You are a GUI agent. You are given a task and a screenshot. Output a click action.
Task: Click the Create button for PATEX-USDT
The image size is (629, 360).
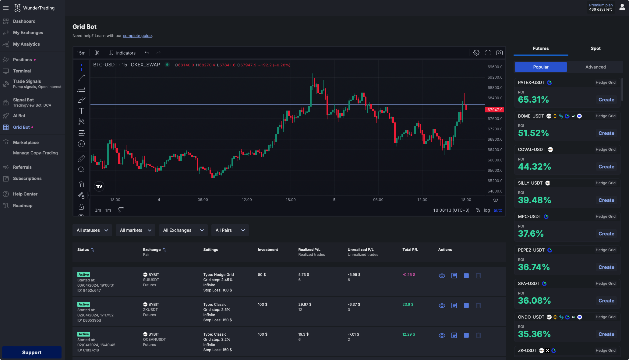[x=606, y=100]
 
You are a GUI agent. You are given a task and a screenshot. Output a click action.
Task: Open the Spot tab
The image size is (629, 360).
[x=595, y=48]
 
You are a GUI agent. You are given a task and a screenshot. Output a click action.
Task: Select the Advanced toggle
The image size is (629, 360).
[x=595, y=67]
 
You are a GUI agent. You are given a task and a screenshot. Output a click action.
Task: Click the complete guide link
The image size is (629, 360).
[x=137, y=36]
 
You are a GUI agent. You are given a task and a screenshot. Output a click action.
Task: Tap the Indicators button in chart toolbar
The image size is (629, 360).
[x=122, y=53]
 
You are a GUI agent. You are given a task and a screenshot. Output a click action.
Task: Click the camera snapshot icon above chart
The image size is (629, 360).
[x=499, y=53]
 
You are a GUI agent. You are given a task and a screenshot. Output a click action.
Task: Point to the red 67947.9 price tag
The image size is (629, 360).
[x=495, y=110]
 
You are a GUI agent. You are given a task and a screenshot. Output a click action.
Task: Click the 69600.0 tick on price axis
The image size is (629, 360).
[x=495, y=67]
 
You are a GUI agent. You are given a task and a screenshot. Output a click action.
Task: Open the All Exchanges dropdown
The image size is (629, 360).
[x=183, y=230]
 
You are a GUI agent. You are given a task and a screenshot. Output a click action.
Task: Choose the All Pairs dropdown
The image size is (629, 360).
[x=230, y=230]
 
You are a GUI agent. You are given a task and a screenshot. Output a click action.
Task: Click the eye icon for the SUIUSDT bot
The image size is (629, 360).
[x=442, y=276]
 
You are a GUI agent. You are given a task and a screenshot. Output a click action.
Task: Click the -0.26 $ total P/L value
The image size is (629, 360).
[x=409, y=275]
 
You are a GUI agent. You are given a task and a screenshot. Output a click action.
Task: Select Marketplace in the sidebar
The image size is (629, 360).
[x=26, y=143]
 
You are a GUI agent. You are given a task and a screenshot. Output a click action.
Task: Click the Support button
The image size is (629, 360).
[x=32, y=352]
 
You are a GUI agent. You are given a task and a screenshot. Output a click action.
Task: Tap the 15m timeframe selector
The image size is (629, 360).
[x=81, y=53]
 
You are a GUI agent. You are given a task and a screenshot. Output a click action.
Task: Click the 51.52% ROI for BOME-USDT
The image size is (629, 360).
[x=533, y=133]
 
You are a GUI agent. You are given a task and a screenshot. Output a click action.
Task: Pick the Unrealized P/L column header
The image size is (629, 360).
[x=361, y=250]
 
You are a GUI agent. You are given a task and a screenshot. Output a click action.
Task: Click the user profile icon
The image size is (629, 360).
[x=622, y=7]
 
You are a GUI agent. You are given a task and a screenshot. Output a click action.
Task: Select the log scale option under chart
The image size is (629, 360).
[x=487, y=210]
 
